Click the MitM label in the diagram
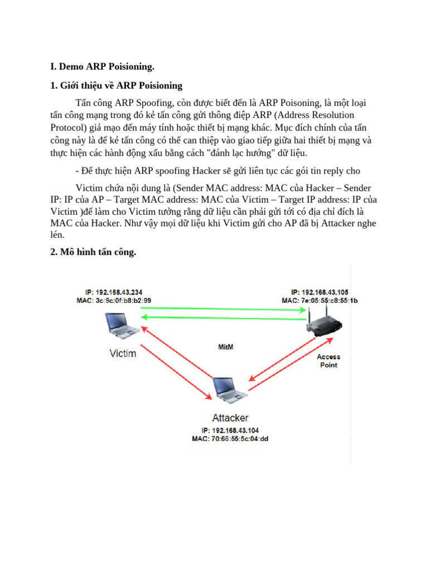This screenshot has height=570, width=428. (225, 346)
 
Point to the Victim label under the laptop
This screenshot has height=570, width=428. (123, 353)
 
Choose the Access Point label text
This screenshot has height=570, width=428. (328, 361)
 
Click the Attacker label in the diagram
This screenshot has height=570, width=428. (230, 417)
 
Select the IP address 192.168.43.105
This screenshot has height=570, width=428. (324, 292)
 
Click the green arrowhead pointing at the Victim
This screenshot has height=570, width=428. (143, 317)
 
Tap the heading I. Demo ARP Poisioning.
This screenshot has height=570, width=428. (102, 67)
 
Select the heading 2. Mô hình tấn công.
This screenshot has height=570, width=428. (93, 253)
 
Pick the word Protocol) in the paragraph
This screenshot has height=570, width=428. (70, 127)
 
